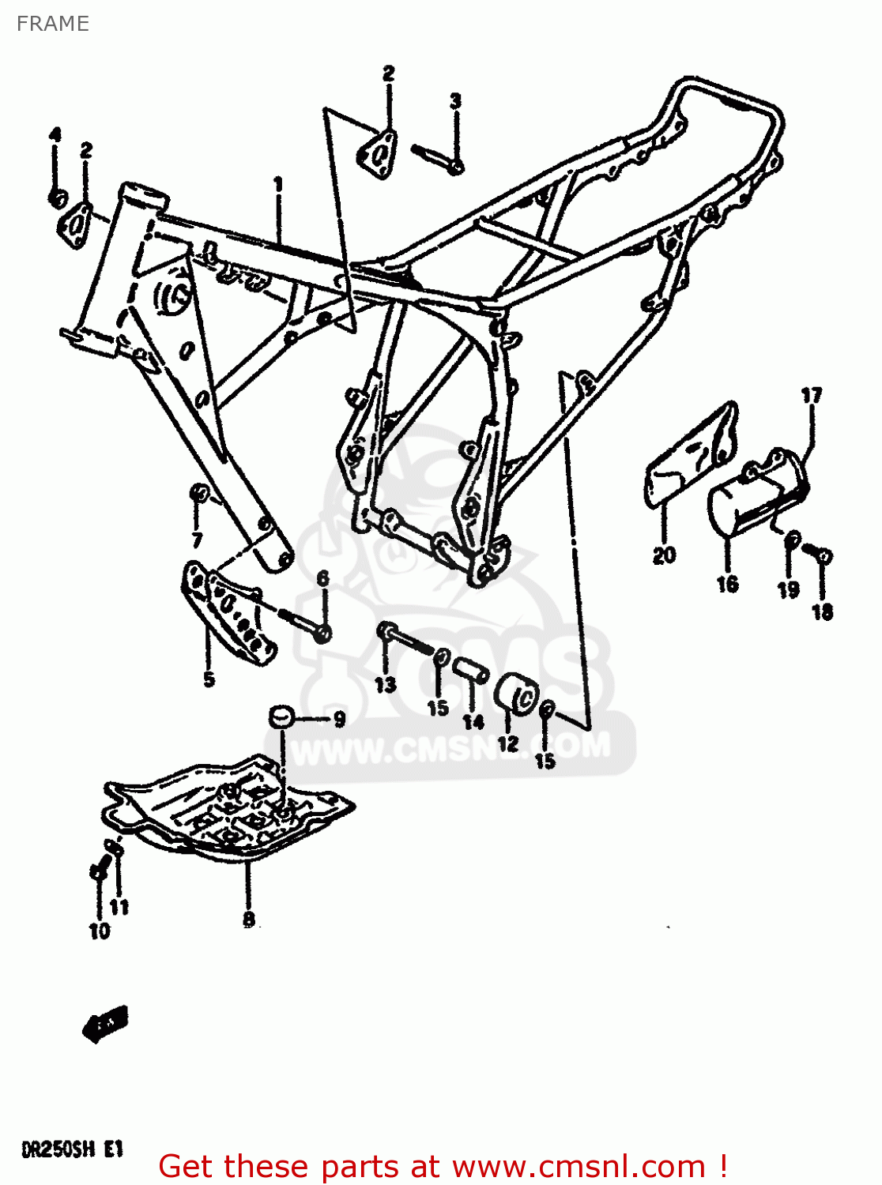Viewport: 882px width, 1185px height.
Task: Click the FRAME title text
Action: [52, 24]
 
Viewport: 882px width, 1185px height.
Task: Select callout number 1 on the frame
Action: [278, 184]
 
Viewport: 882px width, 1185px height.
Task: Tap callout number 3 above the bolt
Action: [455, 101]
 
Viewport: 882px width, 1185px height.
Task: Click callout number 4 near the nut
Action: [55, 134]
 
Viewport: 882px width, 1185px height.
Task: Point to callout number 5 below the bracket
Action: [209, 679]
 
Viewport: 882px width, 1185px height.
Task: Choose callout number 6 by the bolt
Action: [322, 579]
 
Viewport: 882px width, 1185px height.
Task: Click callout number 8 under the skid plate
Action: [248, 919]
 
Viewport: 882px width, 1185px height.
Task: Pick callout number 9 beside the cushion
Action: [339, 720]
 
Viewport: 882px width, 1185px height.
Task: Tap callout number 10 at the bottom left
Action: [100, 931]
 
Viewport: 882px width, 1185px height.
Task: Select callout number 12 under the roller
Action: [507, 743]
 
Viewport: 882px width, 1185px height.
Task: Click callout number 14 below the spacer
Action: [473, 721]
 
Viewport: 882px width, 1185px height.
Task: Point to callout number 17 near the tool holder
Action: [812, 395]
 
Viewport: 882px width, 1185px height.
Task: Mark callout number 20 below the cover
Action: [664, 555]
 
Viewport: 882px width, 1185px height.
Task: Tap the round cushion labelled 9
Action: [281, 717]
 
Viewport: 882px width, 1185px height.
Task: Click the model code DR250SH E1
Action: [72, 1148]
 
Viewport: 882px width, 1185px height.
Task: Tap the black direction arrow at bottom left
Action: [104, 1025]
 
